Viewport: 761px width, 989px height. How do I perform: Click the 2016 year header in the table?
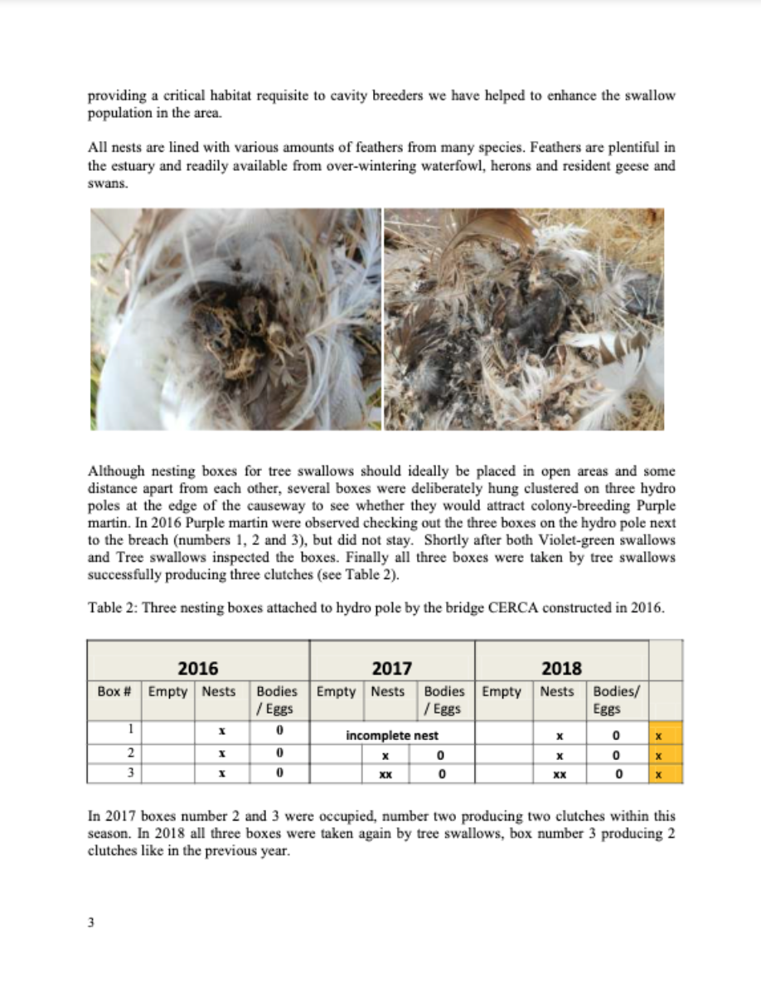click(x=198, y=668)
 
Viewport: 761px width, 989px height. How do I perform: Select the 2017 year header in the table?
click(x=392, y=668)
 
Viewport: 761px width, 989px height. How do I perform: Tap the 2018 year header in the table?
click(x=561, y=668)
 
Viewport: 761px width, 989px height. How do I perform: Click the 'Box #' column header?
click(x=114, y=691)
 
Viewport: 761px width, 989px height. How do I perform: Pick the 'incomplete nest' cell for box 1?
click(x=392, y=735)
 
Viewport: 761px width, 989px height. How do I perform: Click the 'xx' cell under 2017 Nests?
click(x=385, y=774)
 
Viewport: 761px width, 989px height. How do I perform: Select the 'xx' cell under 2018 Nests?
click(x=560, y=774)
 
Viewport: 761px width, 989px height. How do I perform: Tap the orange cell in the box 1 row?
click(x=666, y=736)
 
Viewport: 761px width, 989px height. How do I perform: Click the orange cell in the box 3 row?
click(x=666, y=775)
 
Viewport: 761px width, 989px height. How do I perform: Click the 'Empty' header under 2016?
click(x=167, y=691)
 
